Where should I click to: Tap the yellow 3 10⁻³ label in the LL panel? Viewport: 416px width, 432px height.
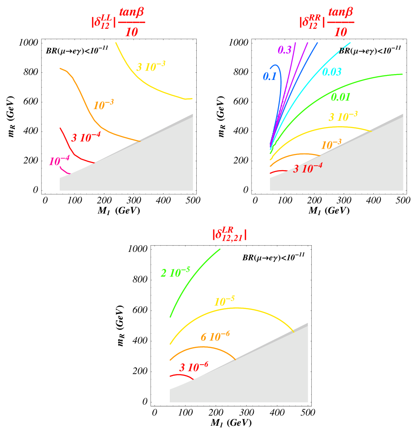pos(150,66)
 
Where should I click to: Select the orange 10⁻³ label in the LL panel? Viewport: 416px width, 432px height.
pos(103,105)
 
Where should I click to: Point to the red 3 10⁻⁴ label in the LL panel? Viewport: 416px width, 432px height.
pos(86,137)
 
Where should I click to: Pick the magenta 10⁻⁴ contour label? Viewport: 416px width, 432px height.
pos(59,161)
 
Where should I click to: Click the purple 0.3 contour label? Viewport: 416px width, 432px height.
pos(285,50)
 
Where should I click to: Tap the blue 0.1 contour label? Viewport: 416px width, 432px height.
pos(270,76)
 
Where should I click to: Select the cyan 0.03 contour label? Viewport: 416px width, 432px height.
pos(332,72)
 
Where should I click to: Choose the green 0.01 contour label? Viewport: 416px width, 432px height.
pos(341,97)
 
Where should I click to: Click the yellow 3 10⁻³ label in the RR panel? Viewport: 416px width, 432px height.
pos(343,117)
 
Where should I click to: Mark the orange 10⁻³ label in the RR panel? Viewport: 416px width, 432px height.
pos(331,145)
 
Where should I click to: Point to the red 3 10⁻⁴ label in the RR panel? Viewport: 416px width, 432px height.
pos(308,168)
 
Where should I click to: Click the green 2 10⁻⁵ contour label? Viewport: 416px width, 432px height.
pos(175,272)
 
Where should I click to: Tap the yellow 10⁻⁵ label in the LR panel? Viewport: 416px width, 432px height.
pos(224,302)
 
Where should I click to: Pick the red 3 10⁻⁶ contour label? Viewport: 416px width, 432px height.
pos(194,367)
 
